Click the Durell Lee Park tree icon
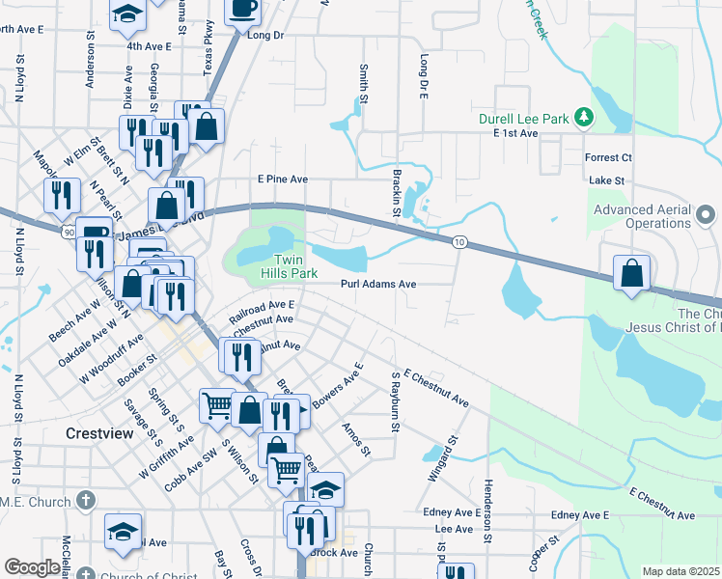click(583, 118)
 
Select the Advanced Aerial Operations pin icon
click(705, 214)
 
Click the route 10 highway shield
click(459, 242)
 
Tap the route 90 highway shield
click(67, 233)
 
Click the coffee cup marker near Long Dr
click(242, 10)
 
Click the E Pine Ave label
click(282, 179)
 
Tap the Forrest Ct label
click(608, 157)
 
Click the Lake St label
click(607, 180)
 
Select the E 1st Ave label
click(514, 133)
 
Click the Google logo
click(32, 567)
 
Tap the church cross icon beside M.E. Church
click(86, 501)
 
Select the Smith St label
click(364, 84)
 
